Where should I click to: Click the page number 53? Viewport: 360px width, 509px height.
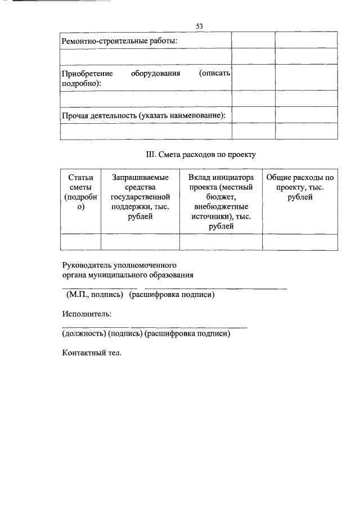click(x=199, y=26)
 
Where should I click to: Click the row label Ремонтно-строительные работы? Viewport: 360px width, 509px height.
click(x=119, y=41)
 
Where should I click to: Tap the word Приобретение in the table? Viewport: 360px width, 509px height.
click(x=87, y=74)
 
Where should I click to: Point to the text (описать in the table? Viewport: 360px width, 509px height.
click(x=215, y=74)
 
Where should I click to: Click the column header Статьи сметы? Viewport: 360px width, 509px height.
click(x=80, y=192)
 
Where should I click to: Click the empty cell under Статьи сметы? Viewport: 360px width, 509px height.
click(x=80, y=242)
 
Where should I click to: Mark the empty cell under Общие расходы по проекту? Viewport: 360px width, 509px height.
click(x=300, y=242)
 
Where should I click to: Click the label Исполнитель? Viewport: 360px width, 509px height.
click(x=86, y=314)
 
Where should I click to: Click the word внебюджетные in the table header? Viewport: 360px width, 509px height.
click(x=221, y=206)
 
